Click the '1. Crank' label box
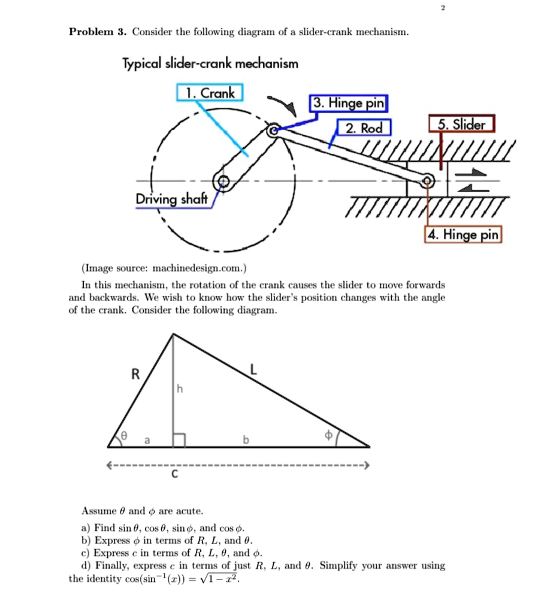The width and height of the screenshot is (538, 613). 210,93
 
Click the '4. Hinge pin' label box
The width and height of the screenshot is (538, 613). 463,235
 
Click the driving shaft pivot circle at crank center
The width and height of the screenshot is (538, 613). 223,182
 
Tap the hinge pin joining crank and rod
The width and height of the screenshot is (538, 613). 273,131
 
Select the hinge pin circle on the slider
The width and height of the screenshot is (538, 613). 428,181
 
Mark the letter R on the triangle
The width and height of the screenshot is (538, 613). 135,375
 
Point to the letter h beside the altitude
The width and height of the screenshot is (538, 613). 179,389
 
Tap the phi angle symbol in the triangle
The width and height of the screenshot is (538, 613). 328,436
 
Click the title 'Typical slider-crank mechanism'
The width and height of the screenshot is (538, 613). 210,63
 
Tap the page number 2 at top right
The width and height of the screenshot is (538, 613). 443,8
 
